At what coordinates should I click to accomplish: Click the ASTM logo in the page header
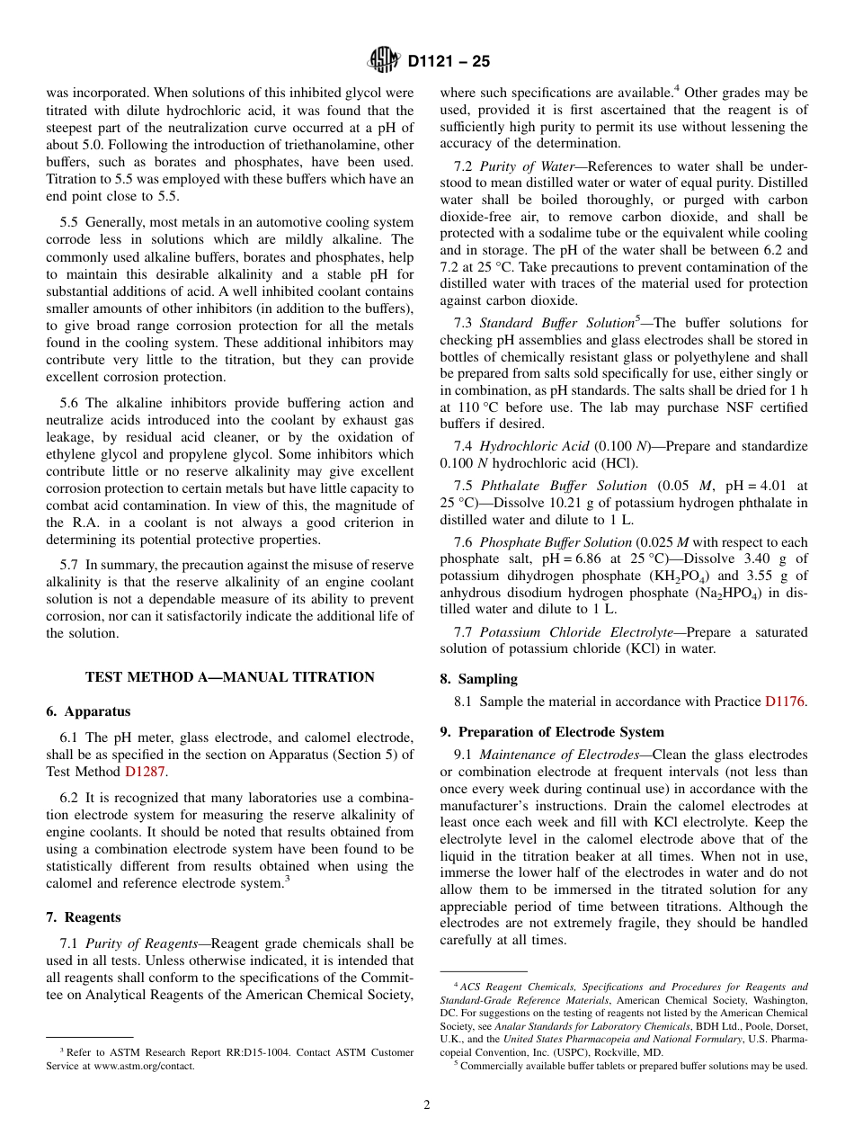[384, 61]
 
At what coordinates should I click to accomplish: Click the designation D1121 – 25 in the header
[449, 62]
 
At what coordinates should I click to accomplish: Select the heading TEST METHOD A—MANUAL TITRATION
[229, 677]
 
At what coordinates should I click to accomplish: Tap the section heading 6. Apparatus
[88, 711]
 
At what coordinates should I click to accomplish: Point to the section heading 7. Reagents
[83, 917]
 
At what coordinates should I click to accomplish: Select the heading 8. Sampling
[478, 679]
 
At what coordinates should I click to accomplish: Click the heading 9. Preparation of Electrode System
[552, 732]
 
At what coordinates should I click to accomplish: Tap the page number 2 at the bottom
[427, 1105]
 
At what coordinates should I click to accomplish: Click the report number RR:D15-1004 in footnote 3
[222, 1052]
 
